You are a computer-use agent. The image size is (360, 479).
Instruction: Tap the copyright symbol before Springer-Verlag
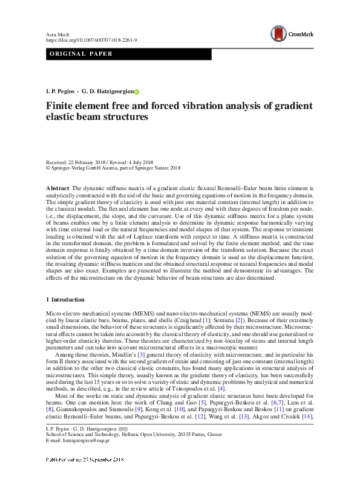pos(48,168)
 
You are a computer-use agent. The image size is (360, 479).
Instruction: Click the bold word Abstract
pos(58,189)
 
